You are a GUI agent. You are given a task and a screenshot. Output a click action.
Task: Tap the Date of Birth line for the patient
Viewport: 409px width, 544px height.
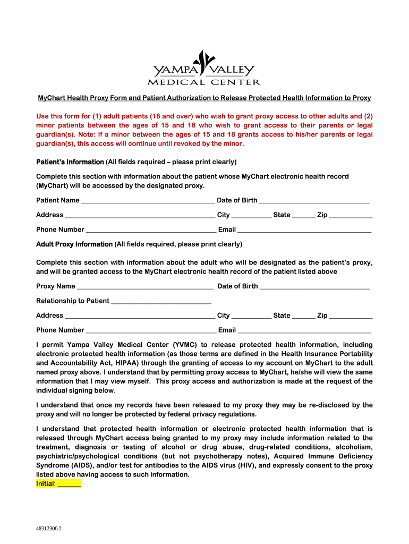pyautogui.click(x=314, y=200)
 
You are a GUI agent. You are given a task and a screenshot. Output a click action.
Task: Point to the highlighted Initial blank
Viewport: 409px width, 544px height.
pyautogui.click(x=69, y=484)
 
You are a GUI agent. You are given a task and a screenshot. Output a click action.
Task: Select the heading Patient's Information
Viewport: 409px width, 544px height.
pyautogui.click(x=70, y=161)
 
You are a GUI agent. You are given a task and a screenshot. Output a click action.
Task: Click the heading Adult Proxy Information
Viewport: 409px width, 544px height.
pyautogui.click(x=74, y=244)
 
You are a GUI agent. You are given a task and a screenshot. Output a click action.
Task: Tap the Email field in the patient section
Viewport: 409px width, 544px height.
pyautogui.click(x=304, y=229)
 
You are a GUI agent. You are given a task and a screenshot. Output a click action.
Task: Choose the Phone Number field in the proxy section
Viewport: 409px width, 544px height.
pyautogui.click(x=151, y=330)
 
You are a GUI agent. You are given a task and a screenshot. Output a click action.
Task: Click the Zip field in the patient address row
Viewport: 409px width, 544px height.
pyautogui.click(x=351, y=215)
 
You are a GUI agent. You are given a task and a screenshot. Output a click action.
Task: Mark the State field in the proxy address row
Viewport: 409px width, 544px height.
pyautogui.click(x=304, y=316)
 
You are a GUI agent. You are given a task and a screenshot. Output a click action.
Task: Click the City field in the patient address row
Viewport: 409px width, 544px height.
pyautogui.click(x=251, y=215)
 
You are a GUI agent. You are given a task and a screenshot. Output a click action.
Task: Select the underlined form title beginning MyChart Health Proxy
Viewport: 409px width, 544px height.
pyautogui.click(x=204, y=98)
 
